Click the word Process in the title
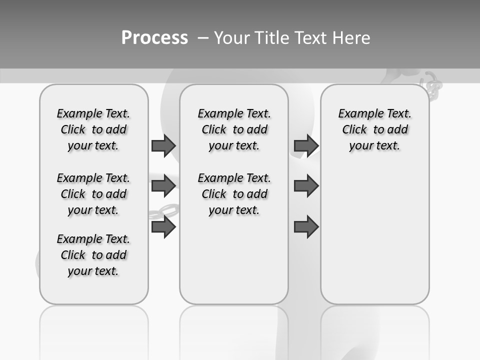154,37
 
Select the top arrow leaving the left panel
163,145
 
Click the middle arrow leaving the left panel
163,185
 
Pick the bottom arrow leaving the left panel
163,227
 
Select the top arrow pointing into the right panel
306,145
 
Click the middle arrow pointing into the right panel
306,185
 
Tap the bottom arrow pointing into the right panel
306,227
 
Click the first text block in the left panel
93,129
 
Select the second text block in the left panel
93,194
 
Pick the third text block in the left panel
93,255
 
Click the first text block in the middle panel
234,129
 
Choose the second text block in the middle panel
234,194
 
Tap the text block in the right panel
374,129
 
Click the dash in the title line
202,37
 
